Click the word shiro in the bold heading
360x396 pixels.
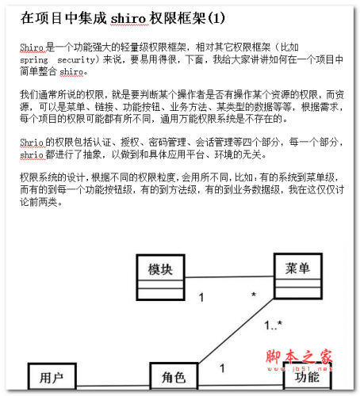pyautogui.click(x=129, y=17)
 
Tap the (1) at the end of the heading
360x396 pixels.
pyautogui.click(x=216, y=17)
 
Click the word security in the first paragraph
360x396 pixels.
pyautogui.click(x=79, y=59)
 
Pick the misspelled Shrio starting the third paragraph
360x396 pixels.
pyautogui.click(x=33, y=142)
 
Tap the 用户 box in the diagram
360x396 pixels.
pyautogui.click(x=52, y=377)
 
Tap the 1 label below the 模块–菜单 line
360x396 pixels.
pyautogui.click(x=201, y=298)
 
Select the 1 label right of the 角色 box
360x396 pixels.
pyautogui.click(x=221, y=367)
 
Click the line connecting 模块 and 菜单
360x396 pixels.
pyautogui.click(x=229, y=278)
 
